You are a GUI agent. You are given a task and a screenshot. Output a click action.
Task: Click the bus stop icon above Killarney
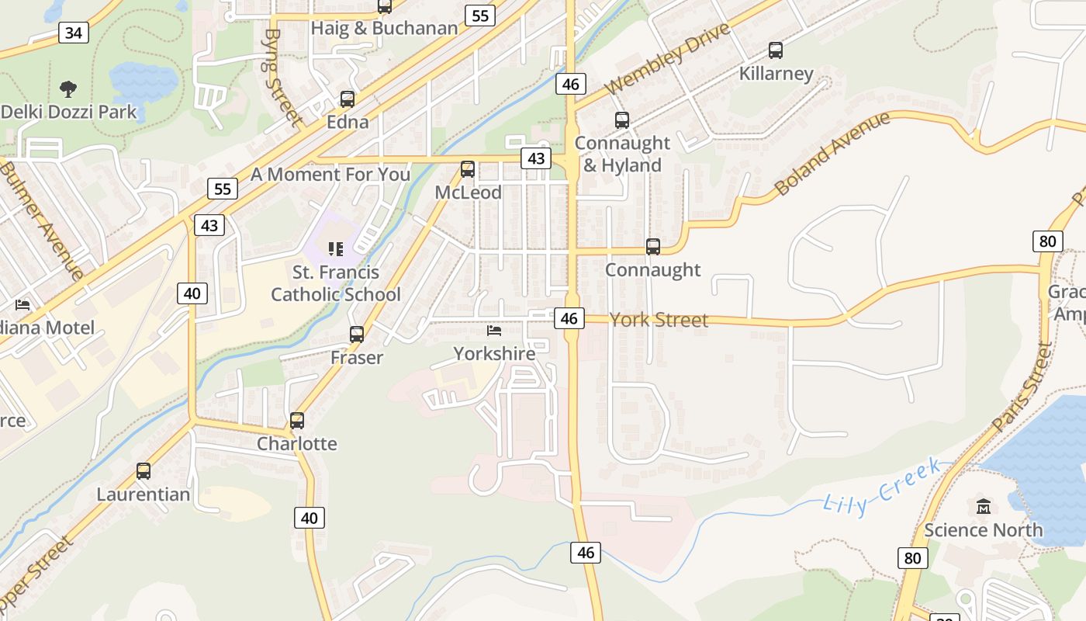click(775, 50)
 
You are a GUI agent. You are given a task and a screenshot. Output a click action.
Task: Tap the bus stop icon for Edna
click(348, 99)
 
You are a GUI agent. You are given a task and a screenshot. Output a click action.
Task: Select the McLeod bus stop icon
click(468, 169)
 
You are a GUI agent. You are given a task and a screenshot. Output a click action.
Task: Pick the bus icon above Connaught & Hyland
click(622, 120)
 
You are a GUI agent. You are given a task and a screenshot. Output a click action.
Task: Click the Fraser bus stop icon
click(357, 335)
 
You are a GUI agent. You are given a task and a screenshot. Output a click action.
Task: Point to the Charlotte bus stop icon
click(297, 421)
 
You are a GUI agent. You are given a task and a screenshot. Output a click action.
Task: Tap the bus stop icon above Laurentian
click(144, 471)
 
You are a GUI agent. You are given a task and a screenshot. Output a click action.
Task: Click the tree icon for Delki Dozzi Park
click(68, 88)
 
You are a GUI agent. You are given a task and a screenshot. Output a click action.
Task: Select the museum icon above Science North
click(984, 507)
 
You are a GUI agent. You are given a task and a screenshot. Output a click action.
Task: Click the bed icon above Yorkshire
click(494, 331)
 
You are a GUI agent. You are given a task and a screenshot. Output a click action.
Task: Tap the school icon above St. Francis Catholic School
click(336, 249)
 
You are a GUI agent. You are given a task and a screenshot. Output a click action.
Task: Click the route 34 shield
click(74, 33)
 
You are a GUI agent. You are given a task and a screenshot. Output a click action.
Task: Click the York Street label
click(659, 320)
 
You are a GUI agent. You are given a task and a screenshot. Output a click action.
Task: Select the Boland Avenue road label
click(832, 154)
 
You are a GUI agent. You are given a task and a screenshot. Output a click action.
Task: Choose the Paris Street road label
click(1022, 388)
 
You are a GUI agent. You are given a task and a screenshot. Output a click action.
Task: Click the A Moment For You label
click(330, 174)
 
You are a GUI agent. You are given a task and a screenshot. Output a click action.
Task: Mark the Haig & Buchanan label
click(384, 29)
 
